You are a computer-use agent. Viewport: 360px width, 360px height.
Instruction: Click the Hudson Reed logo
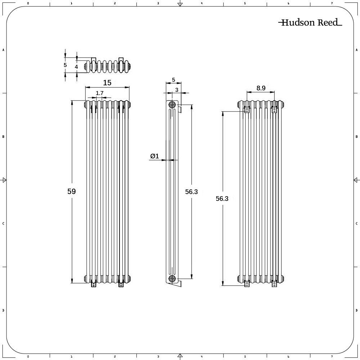tap(310, 23)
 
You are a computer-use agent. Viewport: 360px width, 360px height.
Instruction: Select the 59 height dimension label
tap(72, 192)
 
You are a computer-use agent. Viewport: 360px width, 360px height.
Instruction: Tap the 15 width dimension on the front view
tap(107, 83)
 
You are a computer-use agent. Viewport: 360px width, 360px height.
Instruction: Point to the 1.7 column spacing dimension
tap(100, 93)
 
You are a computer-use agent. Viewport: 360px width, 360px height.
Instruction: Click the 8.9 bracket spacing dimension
tap(261, 88)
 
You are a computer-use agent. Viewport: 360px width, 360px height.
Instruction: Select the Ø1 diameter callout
tap(154, 156)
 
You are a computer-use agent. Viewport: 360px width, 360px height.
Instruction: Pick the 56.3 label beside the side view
tap(192, 192)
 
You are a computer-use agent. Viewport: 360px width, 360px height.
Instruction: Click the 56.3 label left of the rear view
tap(222, 198)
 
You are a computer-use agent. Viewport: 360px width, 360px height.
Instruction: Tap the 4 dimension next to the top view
tap(76, 67)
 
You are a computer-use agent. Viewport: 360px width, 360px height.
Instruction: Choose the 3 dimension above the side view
tap(177, 89)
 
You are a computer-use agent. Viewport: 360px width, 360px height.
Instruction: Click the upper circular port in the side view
tap(172, 105)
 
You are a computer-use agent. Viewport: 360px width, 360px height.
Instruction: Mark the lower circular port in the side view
tap(172, 278)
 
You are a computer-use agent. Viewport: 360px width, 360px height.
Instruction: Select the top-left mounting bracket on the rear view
tap(247, 110)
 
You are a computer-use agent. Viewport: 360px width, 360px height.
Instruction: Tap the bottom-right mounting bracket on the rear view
tap(274, 284)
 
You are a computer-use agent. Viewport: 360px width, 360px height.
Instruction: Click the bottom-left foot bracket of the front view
tap(94, 284)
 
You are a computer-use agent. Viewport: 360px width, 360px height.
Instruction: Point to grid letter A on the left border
tap(3, 50)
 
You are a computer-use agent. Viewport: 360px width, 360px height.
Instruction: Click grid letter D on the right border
tap(356, 310)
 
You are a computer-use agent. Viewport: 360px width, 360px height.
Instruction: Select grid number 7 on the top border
tap(332, 3)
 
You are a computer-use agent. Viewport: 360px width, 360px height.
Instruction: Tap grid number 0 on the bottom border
tap(28, 357)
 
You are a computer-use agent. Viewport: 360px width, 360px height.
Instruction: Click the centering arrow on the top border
tap(180, 4)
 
